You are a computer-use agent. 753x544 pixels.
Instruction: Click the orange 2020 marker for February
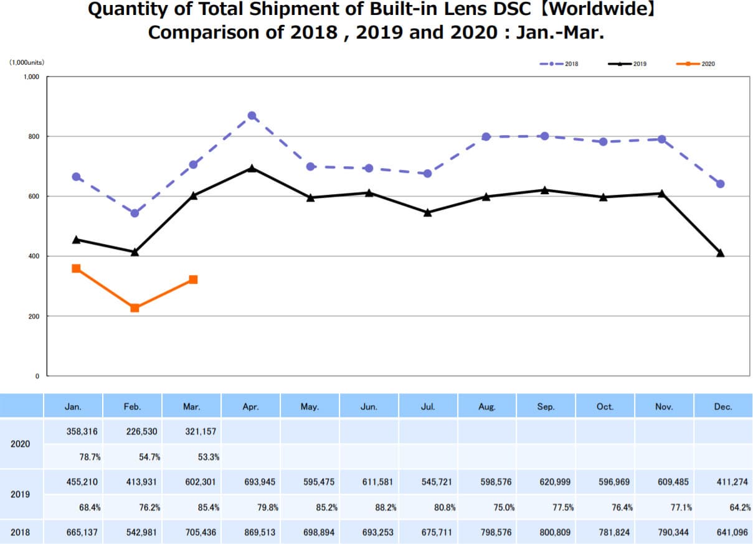pos(135,307)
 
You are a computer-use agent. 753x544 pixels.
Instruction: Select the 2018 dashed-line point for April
pos(252,116)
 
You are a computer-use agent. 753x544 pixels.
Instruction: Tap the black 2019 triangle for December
pos(720,253)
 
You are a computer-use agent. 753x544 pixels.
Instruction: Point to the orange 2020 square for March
pos(193,279)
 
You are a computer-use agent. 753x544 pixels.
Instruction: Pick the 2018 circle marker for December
pos(720,184)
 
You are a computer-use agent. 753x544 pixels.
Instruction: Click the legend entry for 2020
pos(698,63)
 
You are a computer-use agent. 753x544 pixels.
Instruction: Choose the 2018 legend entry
pos(561,63)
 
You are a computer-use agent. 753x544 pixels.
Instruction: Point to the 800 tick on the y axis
pos(32,136)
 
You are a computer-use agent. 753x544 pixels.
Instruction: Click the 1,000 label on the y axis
pos(31,77)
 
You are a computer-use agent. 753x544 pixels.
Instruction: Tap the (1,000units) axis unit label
pos(26,62)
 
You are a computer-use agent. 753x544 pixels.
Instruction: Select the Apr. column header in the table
pos(250,407)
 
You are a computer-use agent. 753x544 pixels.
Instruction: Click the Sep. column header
pos(545,407)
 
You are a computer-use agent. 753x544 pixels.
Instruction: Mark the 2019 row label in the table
pos(20,495)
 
